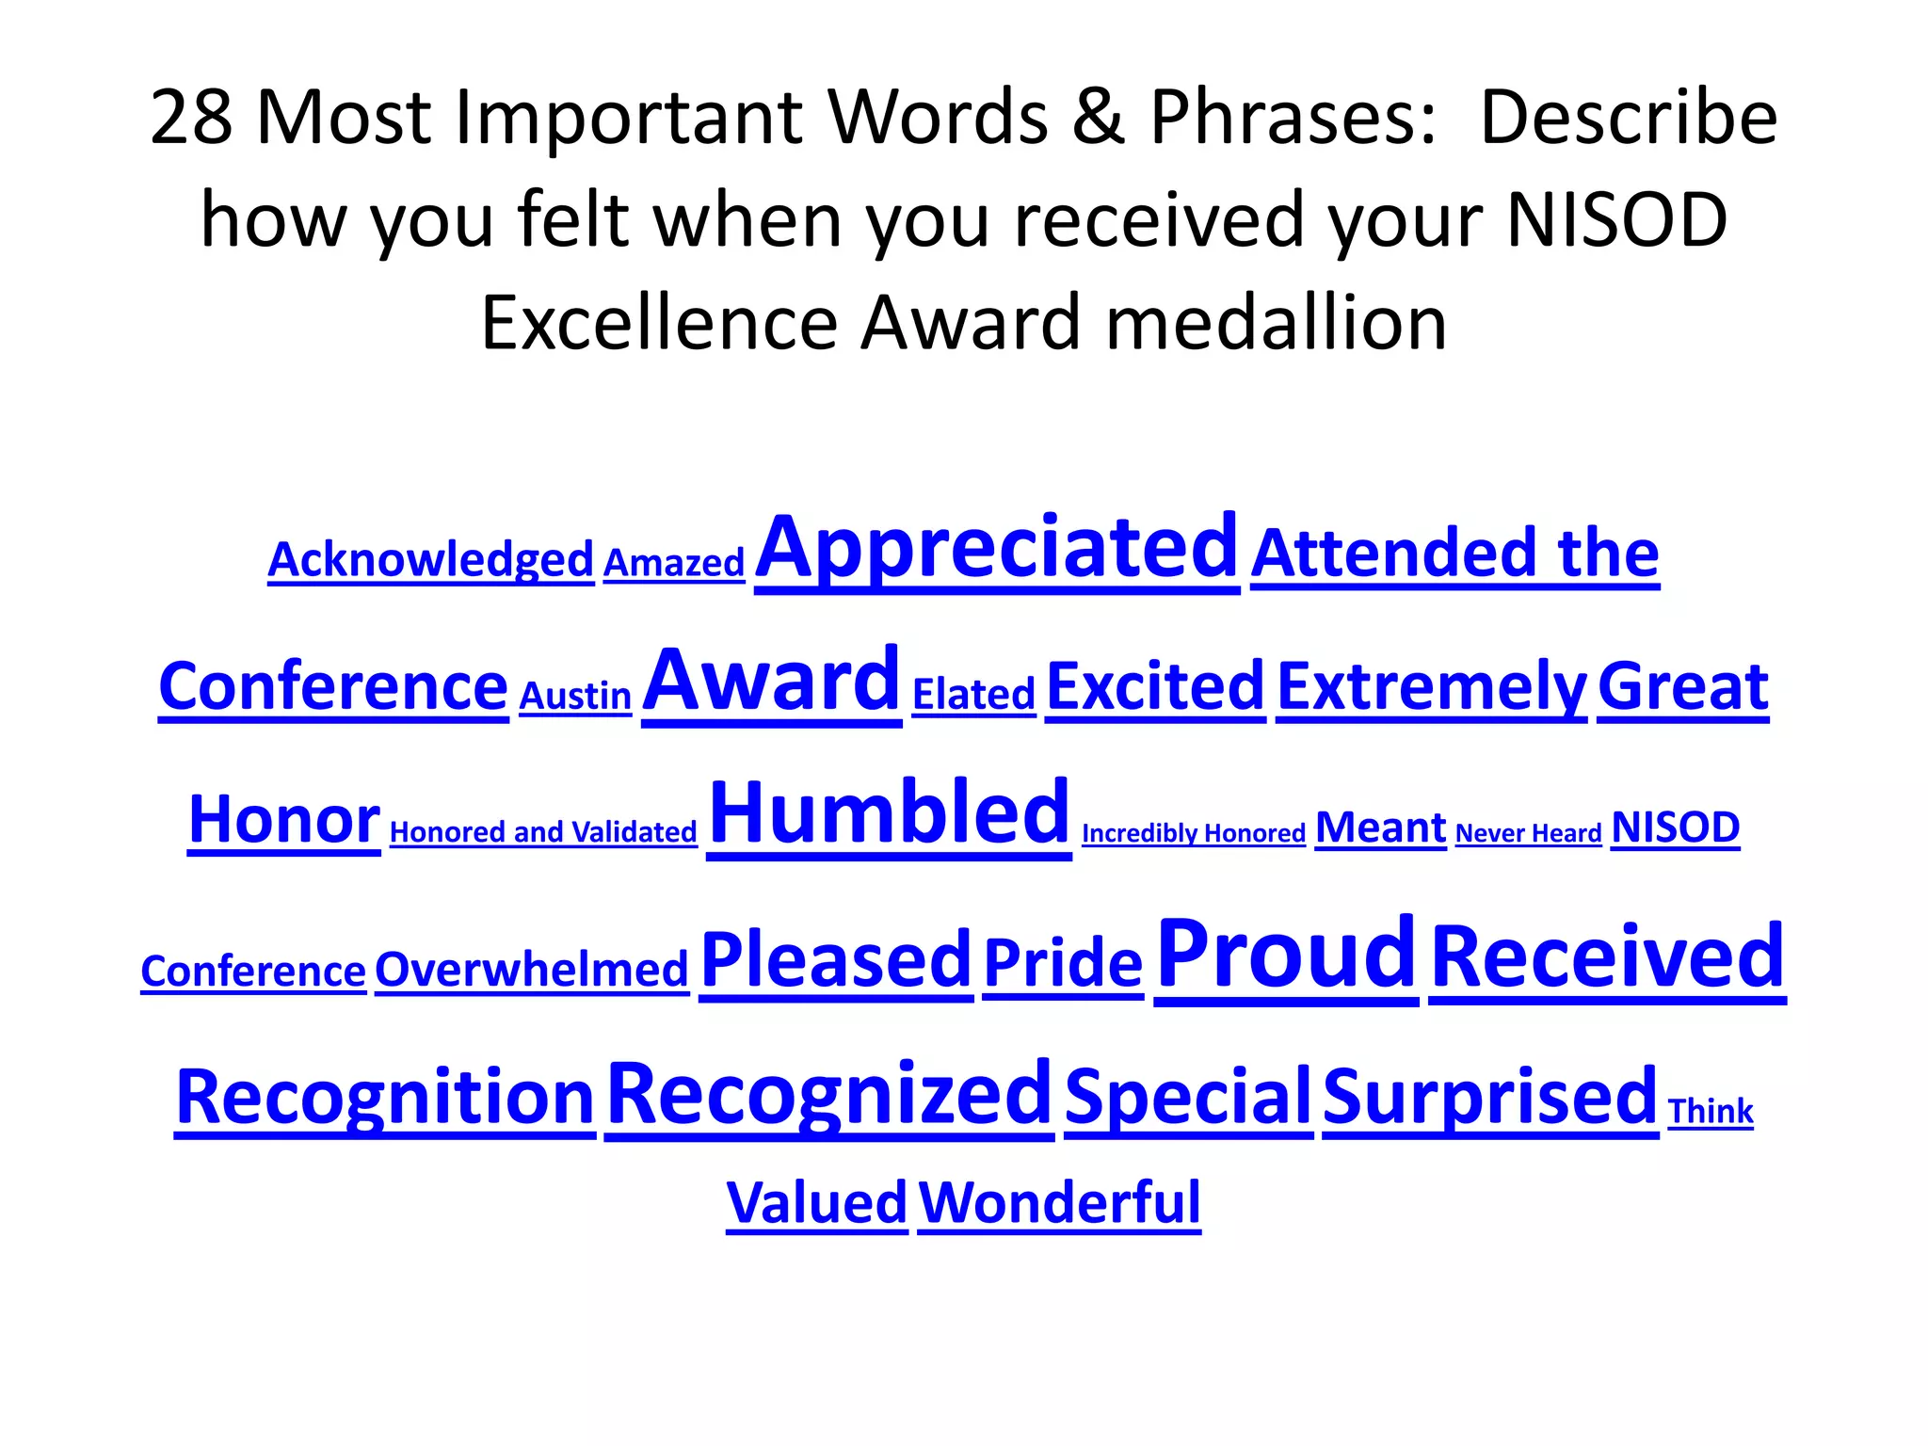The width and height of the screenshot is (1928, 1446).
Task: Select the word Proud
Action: point(1286,955)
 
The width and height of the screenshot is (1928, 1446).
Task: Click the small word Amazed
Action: point(674,563)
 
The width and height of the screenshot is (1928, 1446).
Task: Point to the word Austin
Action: point(575,697)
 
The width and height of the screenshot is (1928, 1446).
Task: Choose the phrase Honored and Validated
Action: point(543,832)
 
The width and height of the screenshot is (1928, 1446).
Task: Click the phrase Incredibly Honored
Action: point(1194,833)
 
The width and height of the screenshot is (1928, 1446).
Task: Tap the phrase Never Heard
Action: point(1528,833)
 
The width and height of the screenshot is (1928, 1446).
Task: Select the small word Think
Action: point(1711,1112)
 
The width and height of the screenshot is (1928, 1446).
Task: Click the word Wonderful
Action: point(1059,1203)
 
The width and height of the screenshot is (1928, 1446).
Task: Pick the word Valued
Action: point(816,1203)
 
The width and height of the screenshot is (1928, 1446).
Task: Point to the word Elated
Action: point(973,695)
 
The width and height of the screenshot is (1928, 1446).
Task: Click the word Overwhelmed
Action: point(532,970)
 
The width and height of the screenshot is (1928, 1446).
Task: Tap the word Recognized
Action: point(829,1095)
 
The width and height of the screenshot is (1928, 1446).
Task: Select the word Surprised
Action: point(1489,1098)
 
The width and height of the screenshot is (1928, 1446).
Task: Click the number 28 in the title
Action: point(191,118)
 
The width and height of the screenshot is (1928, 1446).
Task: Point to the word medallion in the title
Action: point(1276,323)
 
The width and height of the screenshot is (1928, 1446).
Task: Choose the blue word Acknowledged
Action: point(430,559)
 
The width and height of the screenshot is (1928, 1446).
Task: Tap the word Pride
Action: point(1063,964)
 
